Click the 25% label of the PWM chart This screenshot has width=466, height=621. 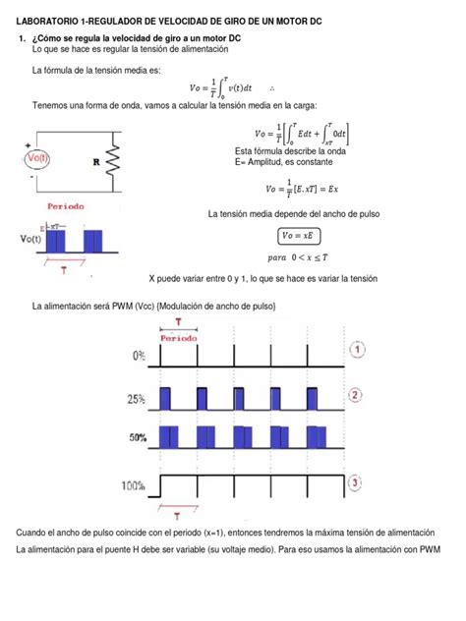coord(135,400)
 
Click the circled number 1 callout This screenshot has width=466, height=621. coord(358,349)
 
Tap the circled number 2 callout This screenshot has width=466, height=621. coord(358,395)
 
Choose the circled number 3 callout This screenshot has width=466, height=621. coord(358,482)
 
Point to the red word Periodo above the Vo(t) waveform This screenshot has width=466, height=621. coord(66,206)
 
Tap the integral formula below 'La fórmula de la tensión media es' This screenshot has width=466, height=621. coord(229,89)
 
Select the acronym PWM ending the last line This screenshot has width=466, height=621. coord(430,549)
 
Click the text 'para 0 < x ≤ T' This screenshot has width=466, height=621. coord(295,256)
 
